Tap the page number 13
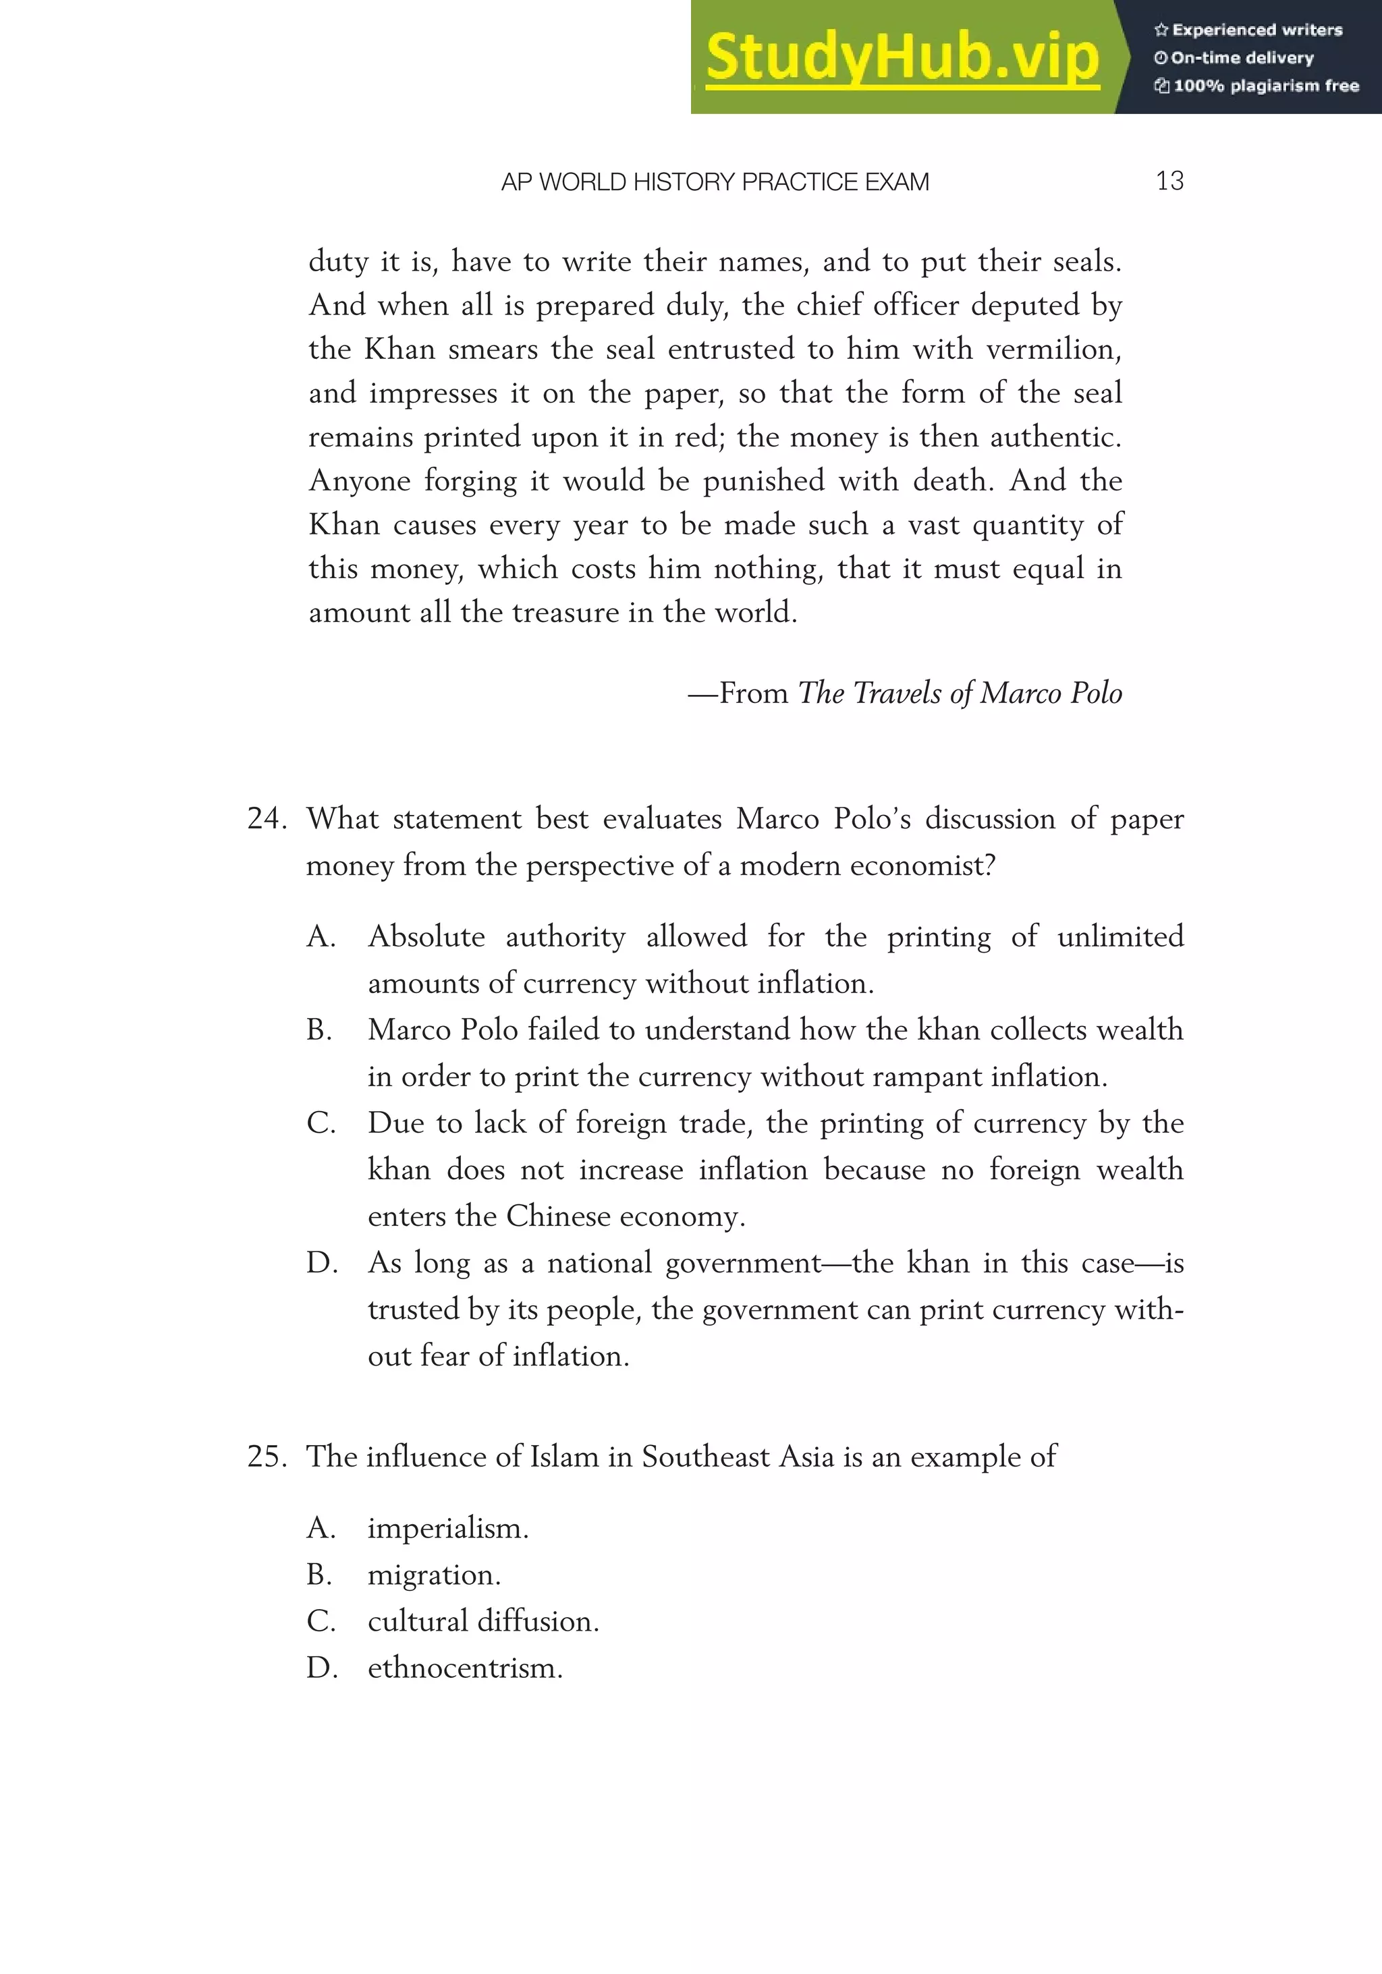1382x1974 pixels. point(1169,181)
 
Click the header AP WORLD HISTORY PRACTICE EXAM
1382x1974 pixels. point(715,182)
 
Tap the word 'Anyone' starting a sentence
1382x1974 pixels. point(360,480)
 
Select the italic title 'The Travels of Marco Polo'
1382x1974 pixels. point(960,693)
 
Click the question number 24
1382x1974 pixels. point(266,818)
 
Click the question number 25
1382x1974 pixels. point(266,1457)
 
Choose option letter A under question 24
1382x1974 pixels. point(321,936)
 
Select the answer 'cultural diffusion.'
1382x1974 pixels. point(483,1622)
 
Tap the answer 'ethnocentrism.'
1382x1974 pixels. point(465,1668)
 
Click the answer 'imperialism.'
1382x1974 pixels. point(448,1529)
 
